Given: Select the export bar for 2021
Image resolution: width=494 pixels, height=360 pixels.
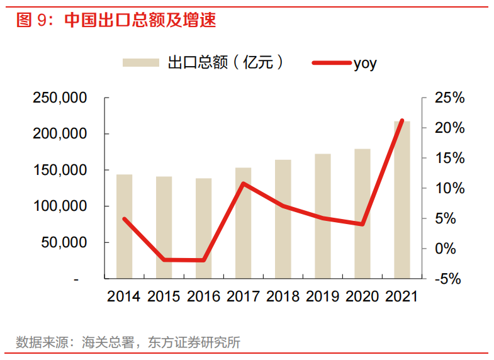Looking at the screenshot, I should pyautogui.click(x=402, y=200).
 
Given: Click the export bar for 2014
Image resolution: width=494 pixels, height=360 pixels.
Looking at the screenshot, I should pyautogui.click(x=125, y=226).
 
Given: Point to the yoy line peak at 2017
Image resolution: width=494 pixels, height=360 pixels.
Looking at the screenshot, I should pyautogui.click(x=244, y=184).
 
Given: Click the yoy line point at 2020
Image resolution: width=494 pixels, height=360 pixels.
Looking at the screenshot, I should pyautogui.click(x=362, y=224).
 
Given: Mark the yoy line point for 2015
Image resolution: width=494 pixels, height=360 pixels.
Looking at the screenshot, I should pyautogui.click(x=164, y=259).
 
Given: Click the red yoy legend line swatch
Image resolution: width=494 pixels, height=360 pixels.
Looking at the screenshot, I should pyautogui.click(x=331, y=63).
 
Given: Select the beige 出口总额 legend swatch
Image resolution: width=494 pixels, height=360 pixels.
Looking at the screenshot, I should pyautogui.click(x=141, y=63).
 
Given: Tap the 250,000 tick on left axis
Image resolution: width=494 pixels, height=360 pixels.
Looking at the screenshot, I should pyautogui.click(x=60, y=98).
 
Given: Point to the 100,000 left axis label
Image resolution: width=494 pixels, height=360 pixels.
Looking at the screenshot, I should pyautogui.click(x=60, y=206).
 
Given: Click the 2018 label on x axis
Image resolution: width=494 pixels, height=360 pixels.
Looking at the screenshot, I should pyautogui.click(x=283, y=296).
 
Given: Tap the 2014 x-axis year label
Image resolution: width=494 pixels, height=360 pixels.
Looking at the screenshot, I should pyautogui.click(x=125, y=296).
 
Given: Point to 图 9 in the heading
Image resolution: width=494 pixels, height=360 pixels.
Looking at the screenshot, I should pyautogui.click(x=32, y=20).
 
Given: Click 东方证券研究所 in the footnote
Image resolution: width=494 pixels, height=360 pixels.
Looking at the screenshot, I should pyautogui.click(x=194, y=343).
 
